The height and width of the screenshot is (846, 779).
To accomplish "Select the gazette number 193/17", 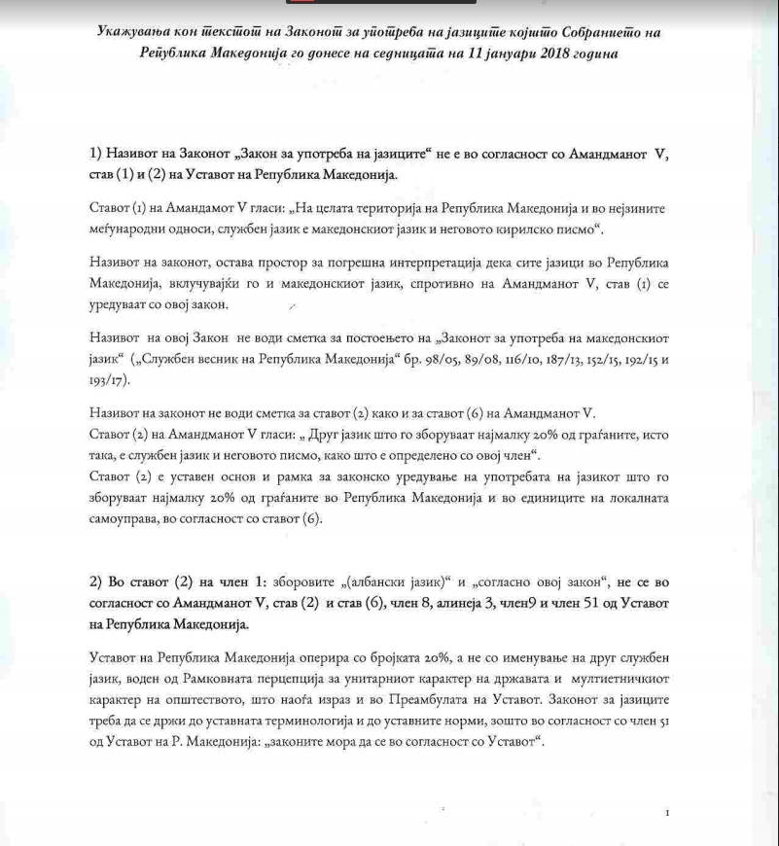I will [x=109, y=382].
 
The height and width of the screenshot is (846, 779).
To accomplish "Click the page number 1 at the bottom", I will [x=667, y=812].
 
